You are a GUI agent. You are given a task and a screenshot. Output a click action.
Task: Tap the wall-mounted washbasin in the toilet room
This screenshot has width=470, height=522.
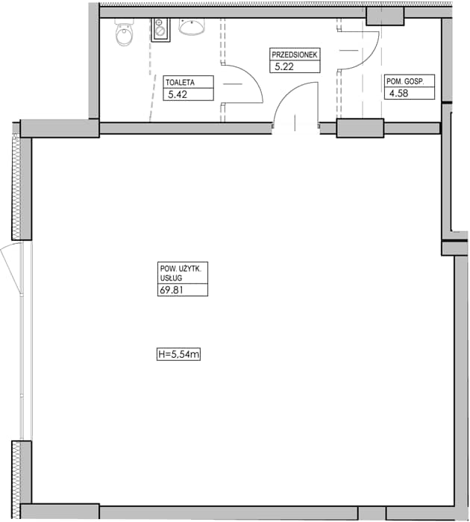191,26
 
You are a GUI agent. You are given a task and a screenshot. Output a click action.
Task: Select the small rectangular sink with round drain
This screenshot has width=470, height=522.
160,30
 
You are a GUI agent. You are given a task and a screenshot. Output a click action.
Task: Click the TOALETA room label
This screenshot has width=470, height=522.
180,82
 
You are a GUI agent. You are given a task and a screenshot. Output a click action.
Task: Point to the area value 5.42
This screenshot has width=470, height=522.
178,94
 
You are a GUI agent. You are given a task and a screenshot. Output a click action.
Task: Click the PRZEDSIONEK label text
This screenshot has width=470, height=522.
295,54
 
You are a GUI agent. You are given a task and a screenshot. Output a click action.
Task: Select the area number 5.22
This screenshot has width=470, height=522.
284,66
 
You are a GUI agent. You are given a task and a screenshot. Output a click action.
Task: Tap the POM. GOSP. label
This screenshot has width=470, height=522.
405,81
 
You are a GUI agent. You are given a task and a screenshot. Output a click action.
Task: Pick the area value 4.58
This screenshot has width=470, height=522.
398,93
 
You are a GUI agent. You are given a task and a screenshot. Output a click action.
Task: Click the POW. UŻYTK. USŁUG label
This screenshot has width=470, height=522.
181,273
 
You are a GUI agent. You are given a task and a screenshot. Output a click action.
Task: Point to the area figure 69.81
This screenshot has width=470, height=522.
171,290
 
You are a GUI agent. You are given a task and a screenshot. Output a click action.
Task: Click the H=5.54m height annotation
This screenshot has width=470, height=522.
178,354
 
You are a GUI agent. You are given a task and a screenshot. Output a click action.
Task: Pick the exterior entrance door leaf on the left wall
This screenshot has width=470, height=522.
11,268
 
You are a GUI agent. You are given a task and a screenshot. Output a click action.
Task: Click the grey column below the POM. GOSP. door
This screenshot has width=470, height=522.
360,128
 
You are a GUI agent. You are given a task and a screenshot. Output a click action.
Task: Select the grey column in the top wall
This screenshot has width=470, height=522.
385,16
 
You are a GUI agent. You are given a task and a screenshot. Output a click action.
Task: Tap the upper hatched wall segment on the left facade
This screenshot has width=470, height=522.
16,187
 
